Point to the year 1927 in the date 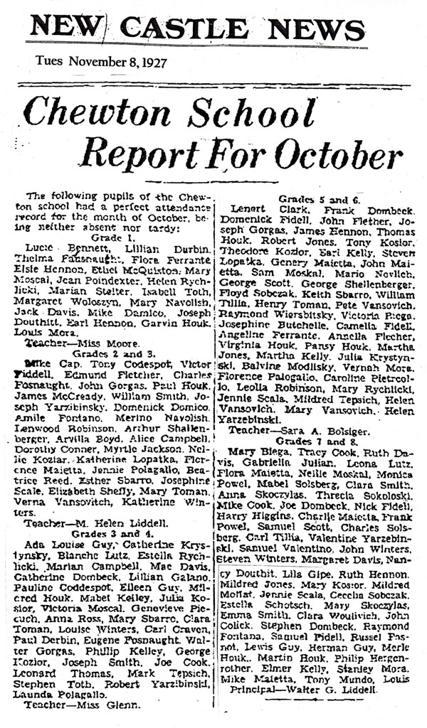(154, 62)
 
